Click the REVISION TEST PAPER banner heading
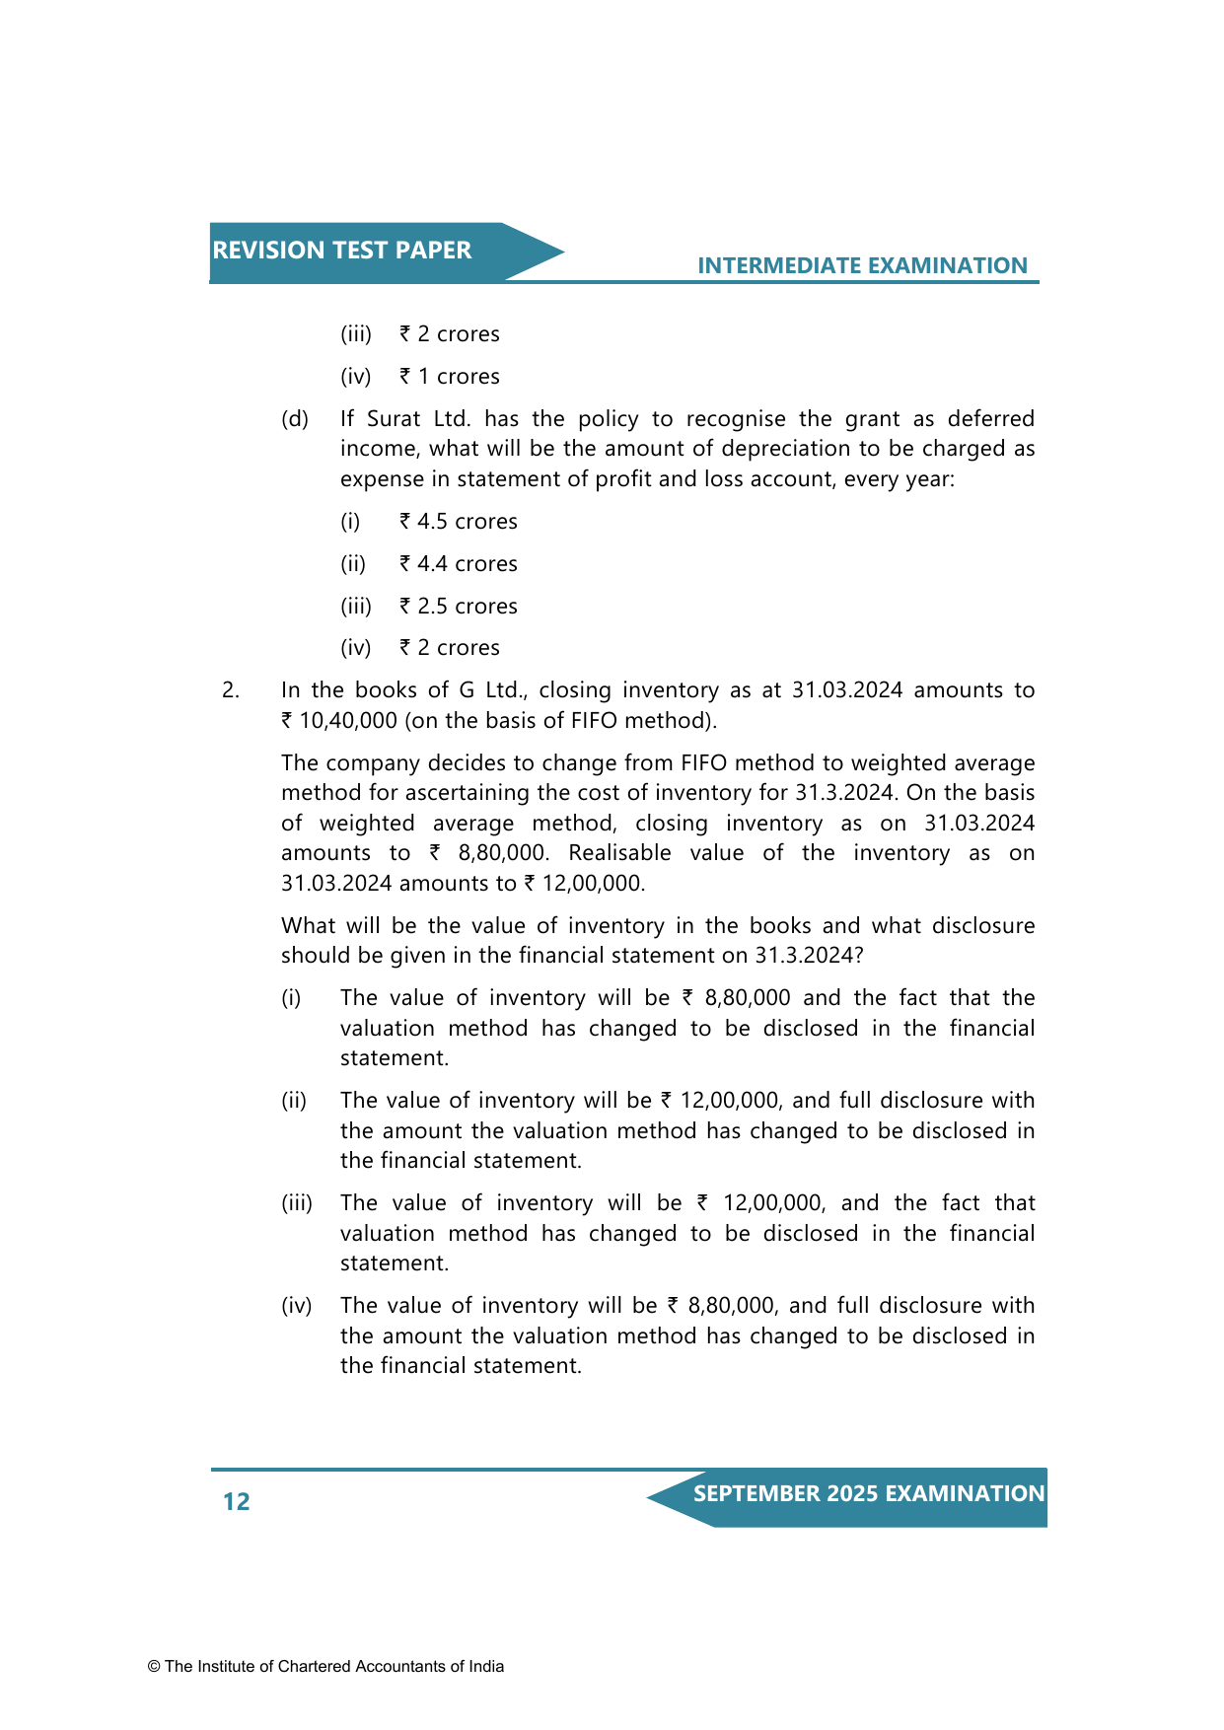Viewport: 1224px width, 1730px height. [341, 251]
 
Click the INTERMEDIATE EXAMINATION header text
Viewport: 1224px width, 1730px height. [862, 265]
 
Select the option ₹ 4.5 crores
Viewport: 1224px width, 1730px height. [459, 522]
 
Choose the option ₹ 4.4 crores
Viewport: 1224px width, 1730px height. [459, 564]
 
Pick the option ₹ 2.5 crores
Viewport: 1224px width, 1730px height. [459, 607]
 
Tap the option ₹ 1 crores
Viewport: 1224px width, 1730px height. [450, 377]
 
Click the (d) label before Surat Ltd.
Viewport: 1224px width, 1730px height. [295, 419]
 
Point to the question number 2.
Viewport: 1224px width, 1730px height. [231, 690]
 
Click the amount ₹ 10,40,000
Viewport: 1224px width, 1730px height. [339, 721]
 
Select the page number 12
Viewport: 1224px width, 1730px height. [237, 1501]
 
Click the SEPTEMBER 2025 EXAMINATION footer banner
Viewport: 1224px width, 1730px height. [868, 1493]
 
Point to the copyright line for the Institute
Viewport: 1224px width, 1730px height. [325, 1666]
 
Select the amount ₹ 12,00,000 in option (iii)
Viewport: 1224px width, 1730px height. [759, 1203]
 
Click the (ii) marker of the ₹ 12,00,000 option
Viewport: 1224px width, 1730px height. [294, 1101]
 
